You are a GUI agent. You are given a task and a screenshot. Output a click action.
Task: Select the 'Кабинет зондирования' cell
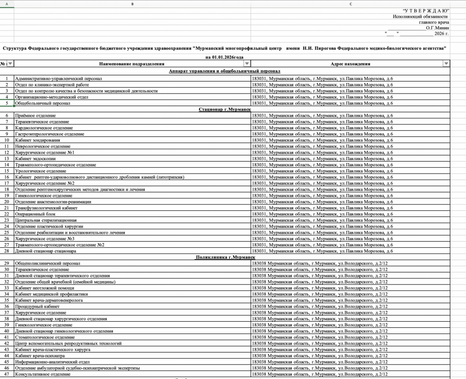(37, 140)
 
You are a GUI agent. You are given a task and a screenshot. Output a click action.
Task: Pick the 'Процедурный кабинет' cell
(37, 306)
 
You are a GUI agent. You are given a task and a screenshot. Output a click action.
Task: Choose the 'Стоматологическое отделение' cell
(45, 337)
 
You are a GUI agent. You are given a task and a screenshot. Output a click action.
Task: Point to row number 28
(7, 251)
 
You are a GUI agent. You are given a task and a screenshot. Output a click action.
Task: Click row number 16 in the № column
(7, 177)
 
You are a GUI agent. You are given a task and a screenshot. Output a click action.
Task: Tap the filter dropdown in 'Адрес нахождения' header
(446, 64)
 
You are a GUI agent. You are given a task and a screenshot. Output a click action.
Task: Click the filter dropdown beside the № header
(10, 64)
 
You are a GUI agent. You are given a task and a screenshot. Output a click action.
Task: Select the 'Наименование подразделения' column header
(132, 64)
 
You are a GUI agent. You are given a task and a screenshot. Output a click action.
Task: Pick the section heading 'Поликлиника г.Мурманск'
(225, 257)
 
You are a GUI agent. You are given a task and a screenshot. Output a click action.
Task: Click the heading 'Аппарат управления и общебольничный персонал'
(225, 72)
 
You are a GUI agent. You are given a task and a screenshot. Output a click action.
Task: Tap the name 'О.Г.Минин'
(437, 28)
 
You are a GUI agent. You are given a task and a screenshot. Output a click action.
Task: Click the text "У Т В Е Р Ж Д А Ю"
(426, 10)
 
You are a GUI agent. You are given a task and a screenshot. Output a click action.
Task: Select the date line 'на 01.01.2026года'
(225, 57)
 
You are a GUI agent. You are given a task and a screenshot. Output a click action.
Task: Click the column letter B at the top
(132, 4)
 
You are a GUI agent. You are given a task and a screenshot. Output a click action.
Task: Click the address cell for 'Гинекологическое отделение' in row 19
(322, 196)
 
